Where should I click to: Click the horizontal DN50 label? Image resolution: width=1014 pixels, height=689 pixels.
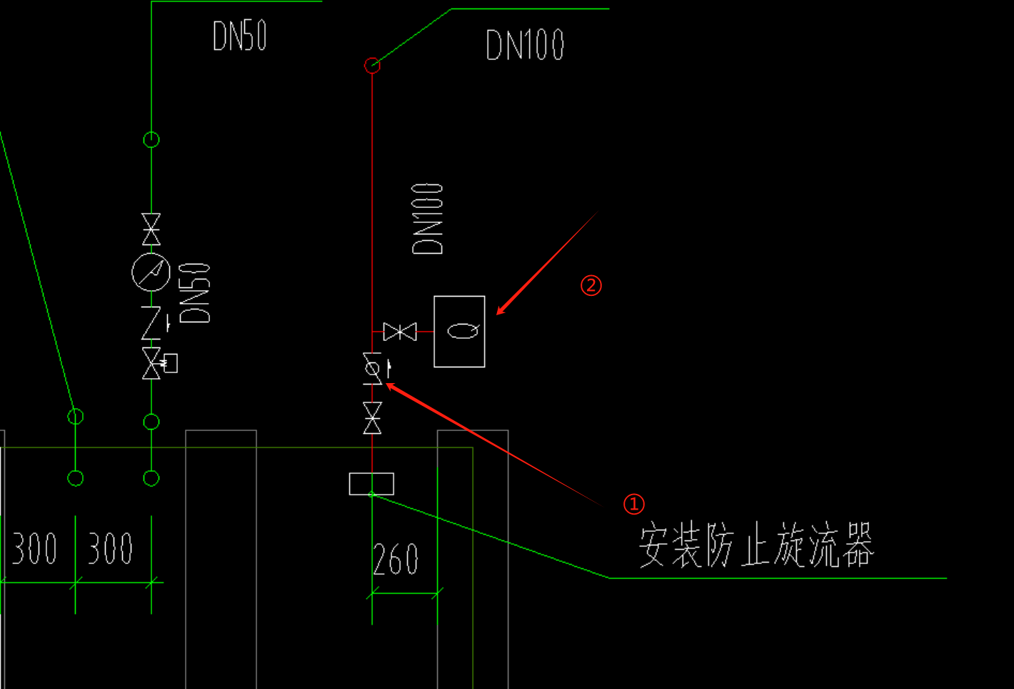pos(240,36)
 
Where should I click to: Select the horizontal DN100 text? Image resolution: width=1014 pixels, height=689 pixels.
pos(525,45)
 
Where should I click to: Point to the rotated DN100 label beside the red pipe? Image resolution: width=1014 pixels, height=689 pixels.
pos(428,219)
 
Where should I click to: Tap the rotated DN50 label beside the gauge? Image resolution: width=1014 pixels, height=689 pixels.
pos(195,293)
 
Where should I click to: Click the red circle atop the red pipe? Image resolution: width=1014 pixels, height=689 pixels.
pos(372,66)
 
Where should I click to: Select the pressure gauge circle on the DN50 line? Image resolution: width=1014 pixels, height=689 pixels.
pos(151,272)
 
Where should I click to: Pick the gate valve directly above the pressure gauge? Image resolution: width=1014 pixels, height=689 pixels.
pos(151,229)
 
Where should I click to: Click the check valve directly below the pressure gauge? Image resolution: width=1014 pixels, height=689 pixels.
pos(151,323)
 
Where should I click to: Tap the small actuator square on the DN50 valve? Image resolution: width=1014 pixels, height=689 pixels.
pos(170,363)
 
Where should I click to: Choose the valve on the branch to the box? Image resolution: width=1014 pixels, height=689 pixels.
pos(400,332)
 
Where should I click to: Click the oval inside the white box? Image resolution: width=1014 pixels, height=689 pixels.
pos(463,331)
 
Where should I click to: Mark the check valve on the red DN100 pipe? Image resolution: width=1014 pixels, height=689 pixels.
pos(372,369)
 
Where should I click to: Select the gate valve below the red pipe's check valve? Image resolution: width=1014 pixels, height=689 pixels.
pos(372,418)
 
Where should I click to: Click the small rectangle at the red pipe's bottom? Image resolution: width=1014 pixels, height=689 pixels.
pos(371,484)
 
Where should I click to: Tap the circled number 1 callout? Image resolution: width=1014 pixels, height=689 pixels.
pos(633,504)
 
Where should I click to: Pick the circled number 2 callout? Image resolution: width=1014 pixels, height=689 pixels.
pos(591,286)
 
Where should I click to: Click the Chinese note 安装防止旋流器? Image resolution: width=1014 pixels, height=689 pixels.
pos(756,545)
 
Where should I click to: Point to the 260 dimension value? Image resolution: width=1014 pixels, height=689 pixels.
pos(396,560)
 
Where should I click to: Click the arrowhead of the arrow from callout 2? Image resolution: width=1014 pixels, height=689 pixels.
pos(499,312)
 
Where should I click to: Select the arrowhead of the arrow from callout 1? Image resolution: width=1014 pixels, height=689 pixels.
pos(389,386)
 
